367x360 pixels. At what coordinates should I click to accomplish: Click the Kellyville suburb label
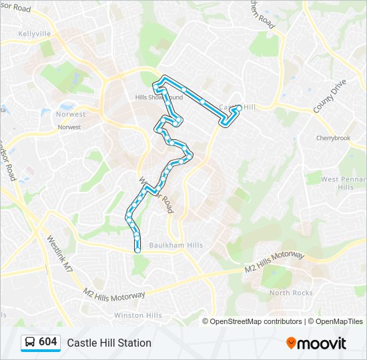point(35,33)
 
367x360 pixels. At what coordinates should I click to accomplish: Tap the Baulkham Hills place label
point(176,245)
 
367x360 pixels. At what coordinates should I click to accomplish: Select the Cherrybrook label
point(332,139)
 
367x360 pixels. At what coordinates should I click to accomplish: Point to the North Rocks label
point(290,293)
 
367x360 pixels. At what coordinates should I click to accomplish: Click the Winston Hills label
point(137,315)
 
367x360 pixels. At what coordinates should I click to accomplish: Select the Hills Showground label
point(158,97)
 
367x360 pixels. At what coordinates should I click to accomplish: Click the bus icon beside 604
point(30,342)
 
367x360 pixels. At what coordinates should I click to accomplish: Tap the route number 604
point(48,342)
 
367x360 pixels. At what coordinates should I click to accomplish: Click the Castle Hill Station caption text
point(109,343)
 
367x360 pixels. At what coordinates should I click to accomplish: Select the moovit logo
point(316,343)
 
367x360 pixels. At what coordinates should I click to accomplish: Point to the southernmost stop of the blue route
point(138,250)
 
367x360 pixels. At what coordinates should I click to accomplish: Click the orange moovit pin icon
point(292,343)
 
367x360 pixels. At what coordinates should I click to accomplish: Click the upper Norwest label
point(71,114)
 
